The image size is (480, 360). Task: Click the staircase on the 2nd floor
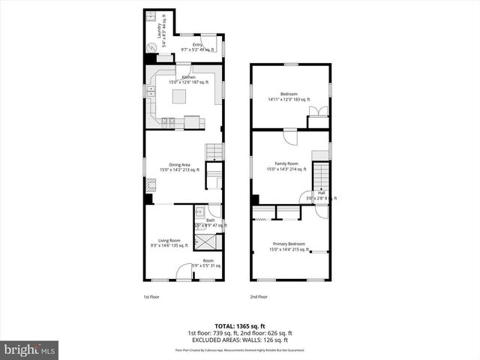point(321,177)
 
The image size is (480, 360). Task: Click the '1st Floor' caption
point(152,296)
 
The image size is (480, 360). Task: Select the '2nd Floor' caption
point(258,296)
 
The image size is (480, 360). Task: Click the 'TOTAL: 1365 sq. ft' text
point(239,326)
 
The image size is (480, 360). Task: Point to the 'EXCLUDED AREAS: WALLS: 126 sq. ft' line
point(239,339)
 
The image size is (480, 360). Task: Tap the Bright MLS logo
point(29,349)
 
